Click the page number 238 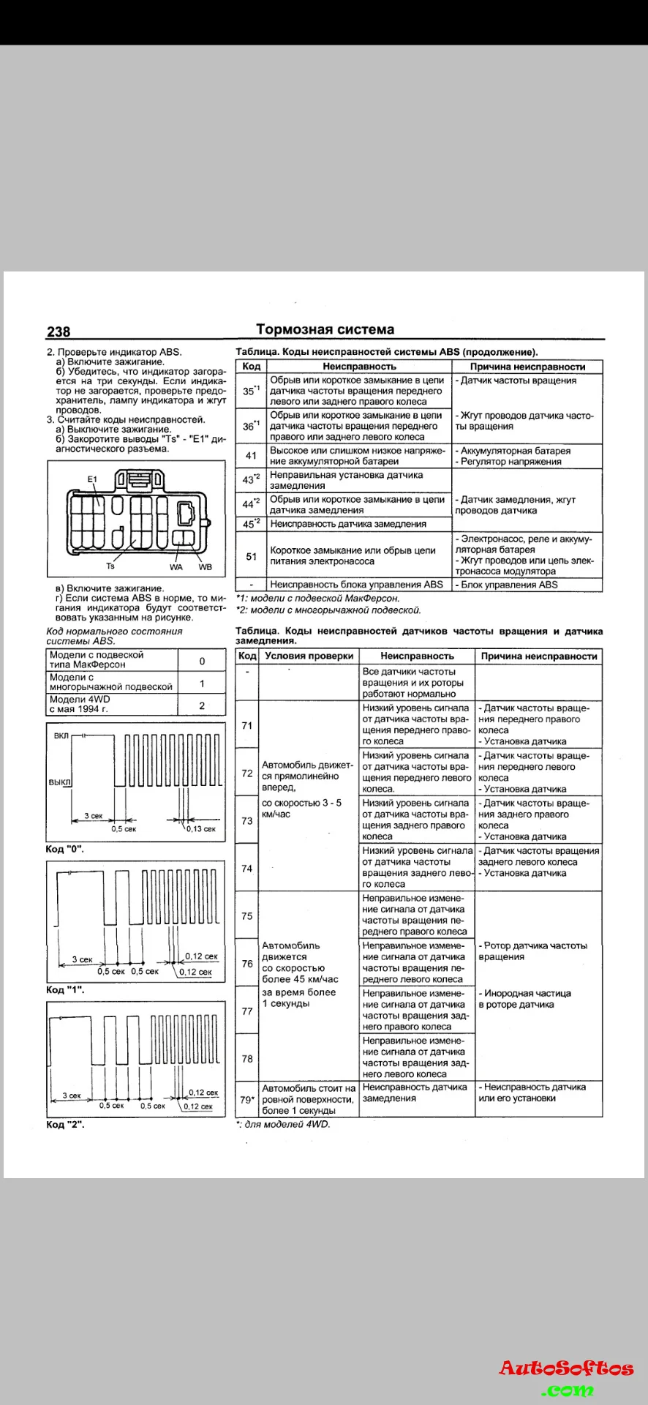coord(59,331)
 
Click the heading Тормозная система coord(325,329)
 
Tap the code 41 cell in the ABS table coord(251,456)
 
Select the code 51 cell coord(251,556)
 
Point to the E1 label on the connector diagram coord(92,479)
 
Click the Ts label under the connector coord(110,566)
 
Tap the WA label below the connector coord(176,567)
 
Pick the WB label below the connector coord(205,567)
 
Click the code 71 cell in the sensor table coord(247,725)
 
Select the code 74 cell coord(247,869)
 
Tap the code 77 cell coord(247,1011)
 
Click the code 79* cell coord(247,1099)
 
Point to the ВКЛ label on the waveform coord(61,735)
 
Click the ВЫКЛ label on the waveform coord(60,782)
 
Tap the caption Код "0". coord(64,849)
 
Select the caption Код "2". coord(65,1124)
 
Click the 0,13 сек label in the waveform coord(200,829)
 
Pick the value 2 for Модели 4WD coord(202,705)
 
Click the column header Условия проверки coord(309,656)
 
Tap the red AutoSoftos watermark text coord(566,1368)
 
